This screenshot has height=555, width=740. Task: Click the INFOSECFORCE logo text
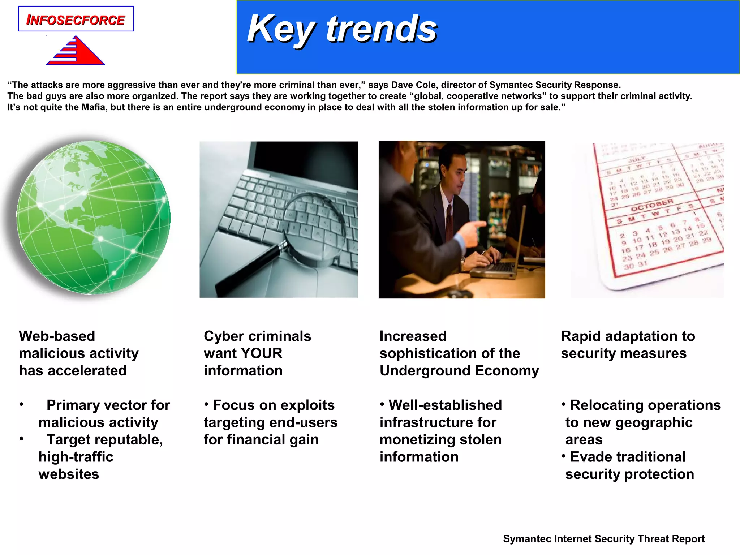pyautogui.click(x=76, y=20)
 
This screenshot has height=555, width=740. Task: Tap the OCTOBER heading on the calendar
pyautogui.click(x=652, y=205)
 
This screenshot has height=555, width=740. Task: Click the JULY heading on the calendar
pyautogui.click(x=637, y=159)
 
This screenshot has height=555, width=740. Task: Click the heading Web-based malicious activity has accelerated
pyautogui.click(x=78, y=353)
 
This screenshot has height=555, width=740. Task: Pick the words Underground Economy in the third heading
pyautogui.click(x=459, y=371)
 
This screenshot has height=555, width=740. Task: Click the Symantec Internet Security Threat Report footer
pyautogui.click(x=603, y=539)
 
